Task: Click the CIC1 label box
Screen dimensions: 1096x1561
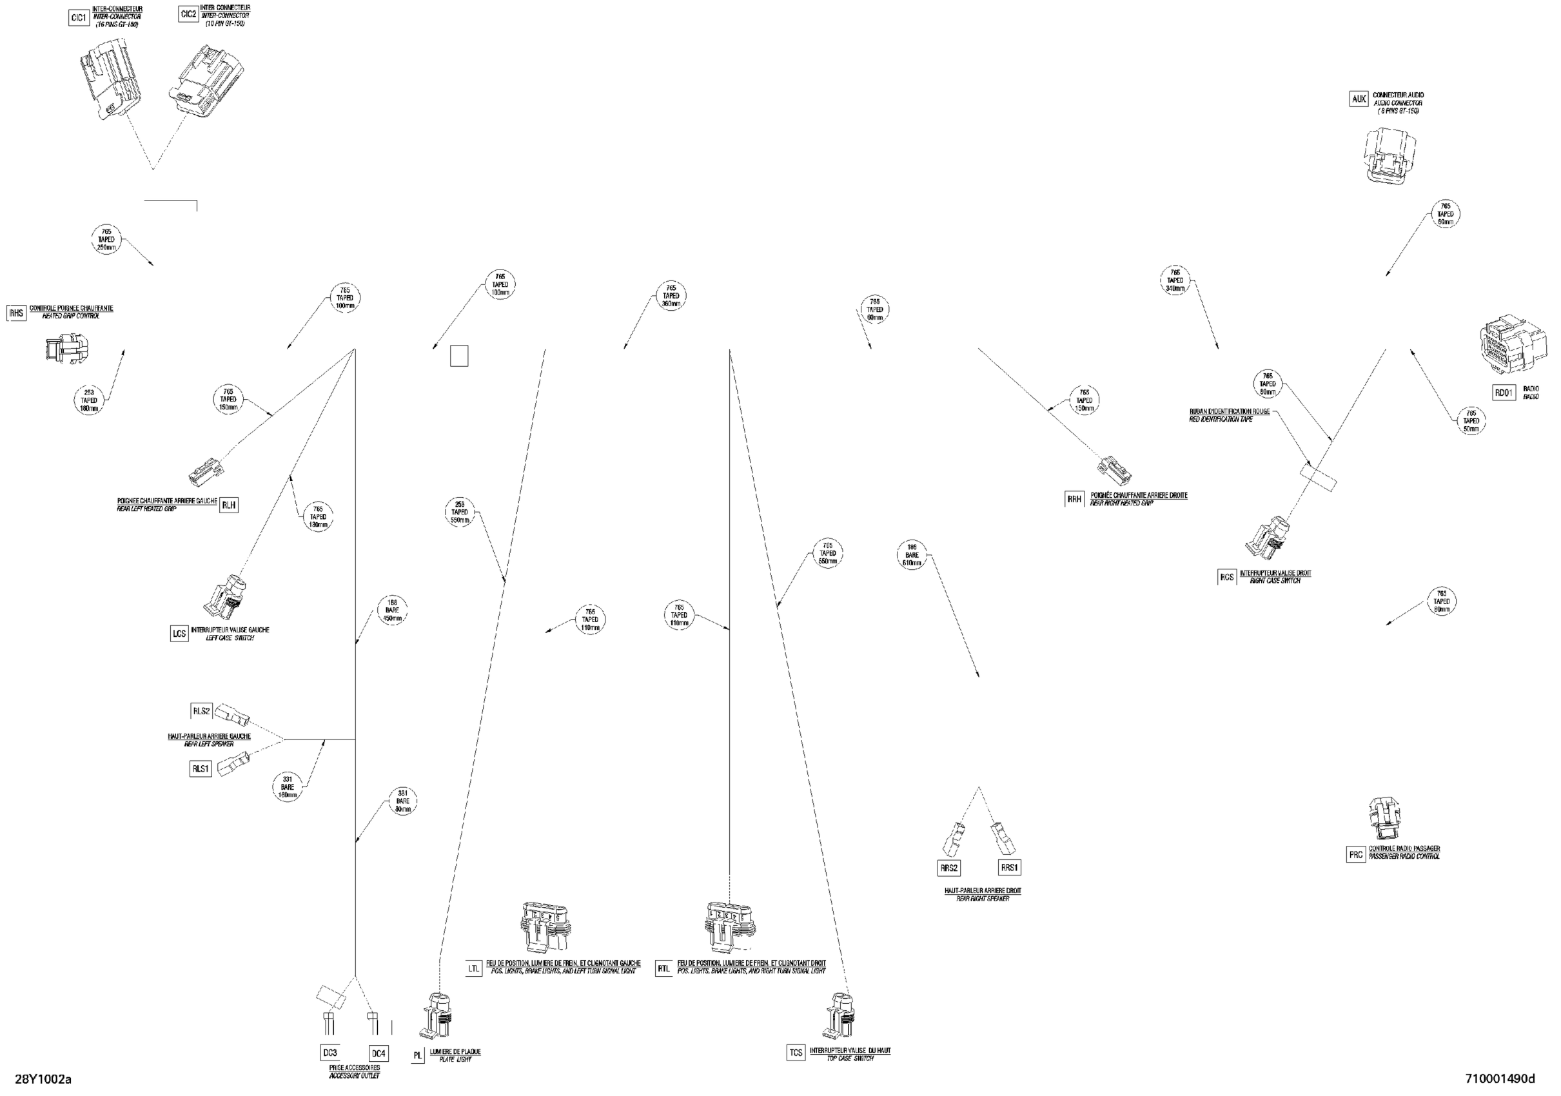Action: [79, 18]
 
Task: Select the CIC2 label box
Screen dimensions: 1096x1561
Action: [189, 14]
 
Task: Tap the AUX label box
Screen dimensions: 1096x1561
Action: [1359, 99]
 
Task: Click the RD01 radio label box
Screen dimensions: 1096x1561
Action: [1504, 393]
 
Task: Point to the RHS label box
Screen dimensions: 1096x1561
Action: [15, 313]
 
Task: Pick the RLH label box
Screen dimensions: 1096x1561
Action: [229, 505]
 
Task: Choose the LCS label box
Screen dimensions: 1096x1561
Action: [179, 634]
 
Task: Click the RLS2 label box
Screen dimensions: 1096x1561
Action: [201, 711]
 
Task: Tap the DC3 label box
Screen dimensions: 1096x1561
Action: [329, 1053]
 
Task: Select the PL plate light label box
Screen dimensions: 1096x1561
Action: [417, 1056]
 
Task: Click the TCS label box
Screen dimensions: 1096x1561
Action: [796, 1053]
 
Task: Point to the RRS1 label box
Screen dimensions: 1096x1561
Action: [1009, 868]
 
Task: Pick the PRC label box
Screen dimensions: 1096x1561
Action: [1356, 855]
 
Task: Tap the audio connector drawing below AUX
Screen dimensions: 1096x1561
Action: [1391, 156]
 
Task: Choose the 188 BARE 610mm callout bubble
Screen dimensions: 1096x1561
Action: [912, 556]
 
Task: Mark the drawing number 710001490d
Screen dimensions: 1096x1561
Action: [1500, 1079]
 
